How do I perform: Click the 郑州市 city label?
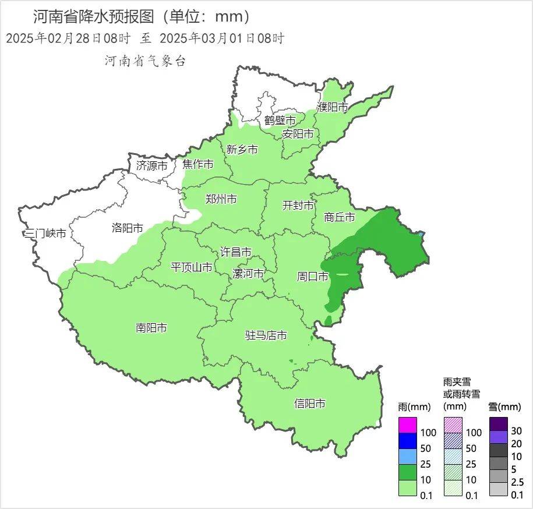pyautogui.click(x=221, y=199)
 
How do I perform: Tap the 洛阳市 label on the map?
pyautogui.click(x=127, y=228)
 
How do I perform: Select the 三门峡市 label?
pyautogui.click(x=45, y=234)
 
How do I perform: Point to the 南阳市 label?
pyautogui.click(x=151, y=328)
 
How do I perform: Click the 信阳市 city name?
pyautogui.click(x=310, y=404)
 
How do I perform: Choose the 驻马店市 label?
pyautogui.click(x=266, y=335)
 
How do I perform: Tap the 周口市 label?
pyautogui.click(x=313, y=277)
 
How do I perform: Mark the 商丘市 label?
pyautogui.click(x=340, y=217)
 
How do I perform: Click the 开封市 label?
pyautogui.click(x=298, y=205)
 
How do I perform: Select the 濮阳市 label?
pyautogui.click(x=332, y=107)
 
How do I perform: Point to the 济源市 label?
pyautogui.click(x=152, y=165)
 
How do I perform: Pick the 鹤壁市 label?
pyautogui.click(x=280, y=120)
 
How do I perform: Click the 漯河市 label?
pyautogui.click(x=248, y=274)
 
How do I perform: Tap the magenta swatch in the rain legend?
pyautogui.click(x=408, y=425)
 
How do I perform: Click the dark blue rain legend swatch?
pyautogui.click(x=408, y=441)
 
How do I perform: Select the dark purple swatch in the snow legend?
pyautogui.click(x=499, y=424)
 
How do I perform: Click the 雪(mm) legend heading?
pyautogui.click(x=504, y=407)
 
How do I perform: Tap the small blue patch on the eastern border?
pyautogui.click(x=421, y=234)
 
